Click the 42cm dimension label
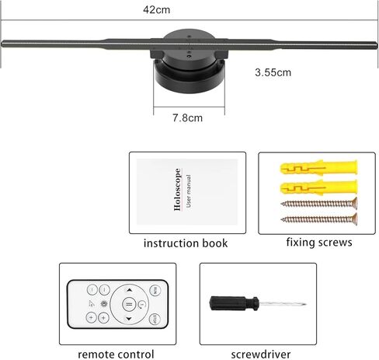pyautogui.click(x=157, y=10)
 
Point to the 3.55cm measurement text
pyautogui.click(x=273, y=72)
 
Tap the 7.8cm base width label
pyautogui.click(x=187, y=118)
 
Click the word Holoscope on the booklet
pyautogui.click(x=177, y=190)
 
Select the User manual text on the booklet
pyautogui.click(x=189, y=190)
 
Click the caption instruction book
pyautogui.click(x=186, y=243)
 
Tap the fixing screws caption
pyautogui.click(x=319, y=243)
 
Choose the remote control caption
pyautogui.click(x=116, y=355)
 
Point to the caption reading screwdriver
pyautogui.click(x=261, y=355)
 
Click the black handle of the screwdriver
pyautogui.click(x=234, y=303)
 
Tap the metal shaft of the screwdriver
pyautogui.click(x=283, y=304)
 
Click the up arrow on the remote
pyautogui.click(x=129, y=290)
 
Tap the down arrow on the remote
pyautogui.click(x=129, y=318)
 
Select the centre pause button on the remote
pyautogui.click(x=129, y=304)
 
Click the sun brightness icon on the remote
pyautogui.click(x=104, y=303)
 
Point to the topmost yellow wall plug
pyautogui.click(x=318, y=168)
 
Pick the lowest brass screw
pyautogui.click(x=319, y=219)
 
